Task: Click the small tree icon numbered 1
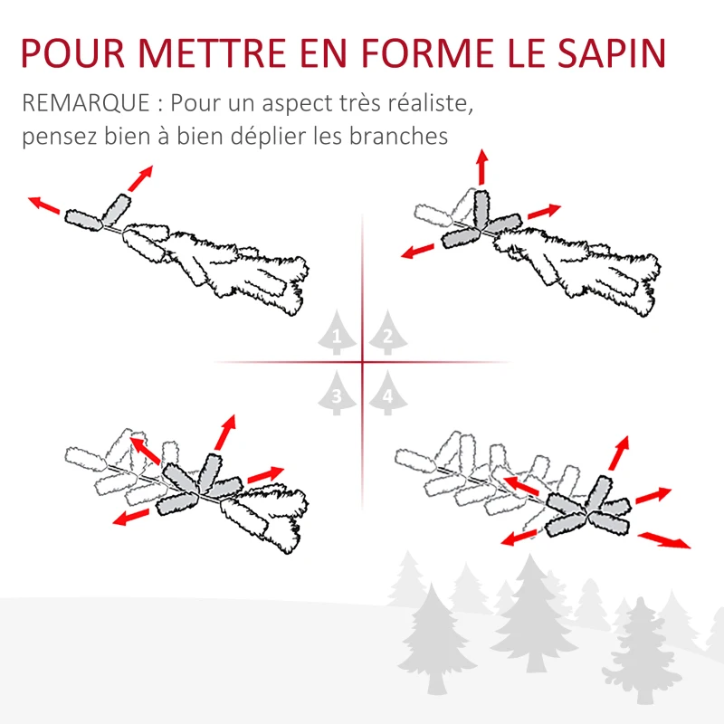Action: coord(337,338)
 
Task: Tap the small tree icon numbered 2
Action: coord(387,338)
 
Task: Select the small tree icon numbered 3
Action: coord(337,395)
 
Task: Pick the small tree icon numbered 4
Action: coord(387,395)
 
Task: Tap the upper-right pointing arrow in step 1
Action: coord(139,178)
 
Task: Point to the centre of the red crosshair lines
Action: coord(362,363)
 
